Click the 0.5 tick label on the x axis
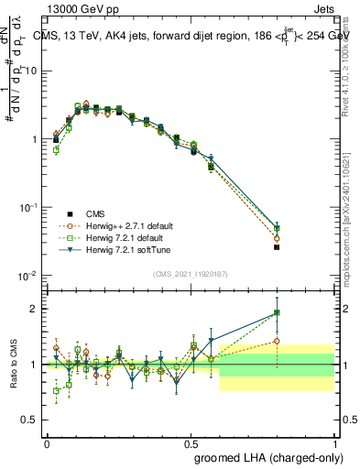point(191,442)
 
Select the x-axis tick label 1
point(335,442)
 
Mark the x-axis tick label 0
point(47,442)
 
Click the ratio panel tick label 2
point(36,309)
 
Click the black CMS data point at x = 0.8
point(277,247)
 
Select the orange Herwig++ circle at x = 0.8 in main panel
point(277,239)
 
